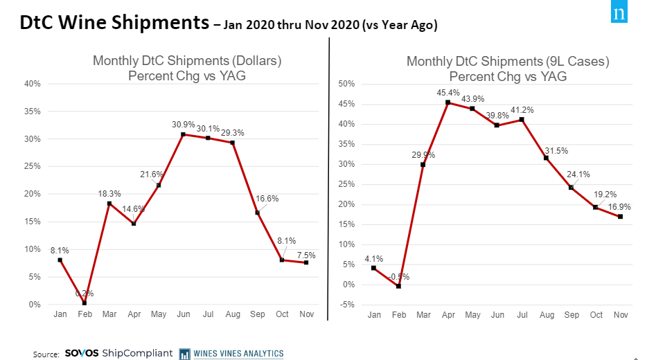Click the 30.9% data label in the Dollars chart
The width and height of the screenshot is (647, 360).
pyautogui.click(x=182, y=125)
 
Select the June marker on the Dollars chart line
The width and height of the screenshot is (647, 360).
pyautogui.click(x=183, y=134)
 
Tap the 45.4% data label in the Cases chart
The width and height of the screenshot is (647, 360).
pyautogui.click(x=447, y=92)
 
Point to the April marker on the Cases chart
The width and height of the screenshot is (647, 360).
pyautogui.click(x=447, y=102)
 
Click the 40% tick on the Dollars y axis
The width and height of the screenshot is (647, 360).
pyautogui.click(x=32, y=84)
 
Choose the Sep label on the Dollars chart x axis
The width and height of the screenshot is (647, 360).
pyautogui.click(x=256, y=315)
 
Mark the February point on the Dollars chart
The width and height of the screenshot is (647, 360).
pyautogui.click(x=85, y=303)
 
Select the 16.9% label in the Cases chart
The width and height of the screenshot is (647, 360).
pyautogui.click(x=618, y=206)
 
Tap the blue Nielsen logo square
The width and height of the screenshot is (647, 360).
pyautogui.click(x=619, y=14)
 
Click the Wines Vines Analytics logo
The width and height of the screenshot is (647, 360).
pyautogui.click(x=231, y=353)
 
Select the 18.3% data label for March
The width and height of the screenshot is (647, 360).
pyautogui.click(x=109, y=194)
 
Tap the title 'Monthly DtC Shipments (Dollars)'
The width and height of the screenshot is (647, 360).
pyautogui.click(x=187, y=61)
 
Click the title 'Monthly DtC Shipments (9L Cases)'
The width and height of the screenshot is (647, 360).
pyautogui.click(x=508, y=62)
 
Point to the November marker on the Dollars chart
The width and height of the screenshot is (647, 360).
pyautogui.click(x=305, y=263)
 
